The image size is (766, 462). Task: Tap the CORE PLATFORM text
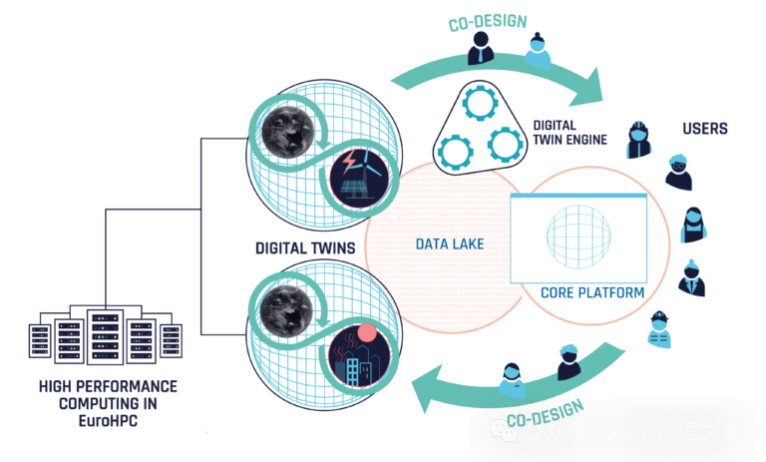click(x=591, y=293)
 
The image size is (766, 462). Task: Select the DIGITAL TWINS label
click(x=303, y=245)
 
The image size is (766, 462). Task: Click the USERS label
click(x=704, y=129)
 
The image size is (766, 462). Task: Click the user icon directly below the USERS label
click(x=678, y=172)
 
